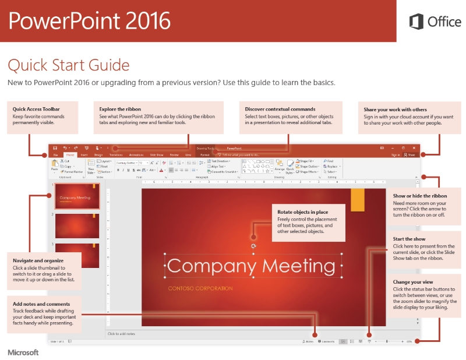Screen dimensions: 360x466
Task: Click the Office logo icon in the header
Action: tap(416, 22)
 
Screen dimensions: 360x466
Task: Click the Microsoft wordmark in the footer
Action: tap(23, 352)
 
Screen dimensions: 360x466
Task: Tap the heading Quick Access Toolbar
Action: tap(36, 109)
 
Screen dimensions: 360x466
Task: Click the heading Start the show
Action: tap(409, 239)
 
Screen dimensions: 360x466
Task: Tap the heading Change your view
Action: tap(414, 282)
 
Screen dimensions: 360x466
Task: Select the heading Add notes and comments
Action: tap(41, 303)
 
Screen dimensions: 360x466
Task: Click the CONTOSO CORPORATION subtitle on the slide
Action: tap(200, 288)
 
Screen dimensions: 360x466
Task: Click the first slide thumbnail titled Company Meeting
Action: tap(77, 197)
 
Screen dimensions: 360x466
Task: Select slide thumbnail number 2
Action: tap(77, 226)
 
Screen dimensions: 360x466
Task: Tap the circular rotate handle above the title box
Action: tap(254, 246)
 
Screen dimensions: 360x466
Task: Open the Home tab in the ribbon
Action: tap(70, 155)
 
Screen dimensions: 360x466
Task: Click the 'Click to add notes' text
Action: tap(122, 334)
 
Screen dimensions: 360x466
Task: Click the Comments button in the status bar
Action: tap(326, 341)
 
